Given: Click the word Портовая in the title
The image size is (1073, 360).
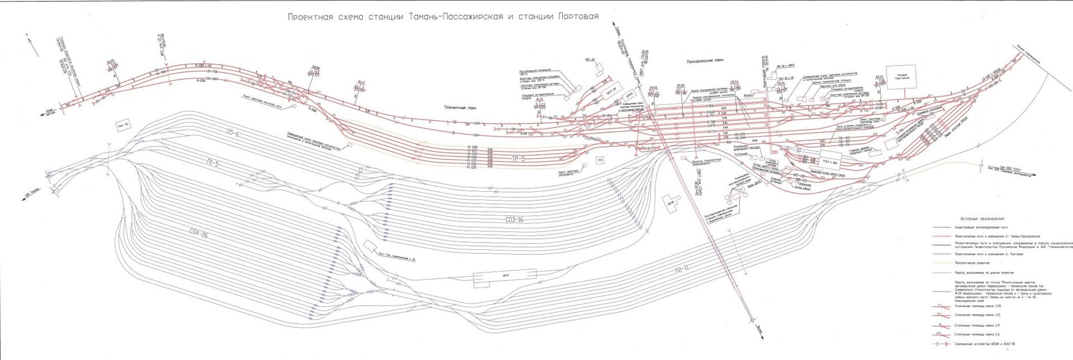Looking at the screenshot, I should tap(578, 17).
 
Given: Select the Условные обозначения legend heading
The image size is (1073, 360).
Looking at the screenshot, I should tap(982, 219).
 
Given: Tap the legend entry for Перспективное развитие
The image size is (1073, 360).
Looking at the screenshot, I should tap(972, 263).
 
